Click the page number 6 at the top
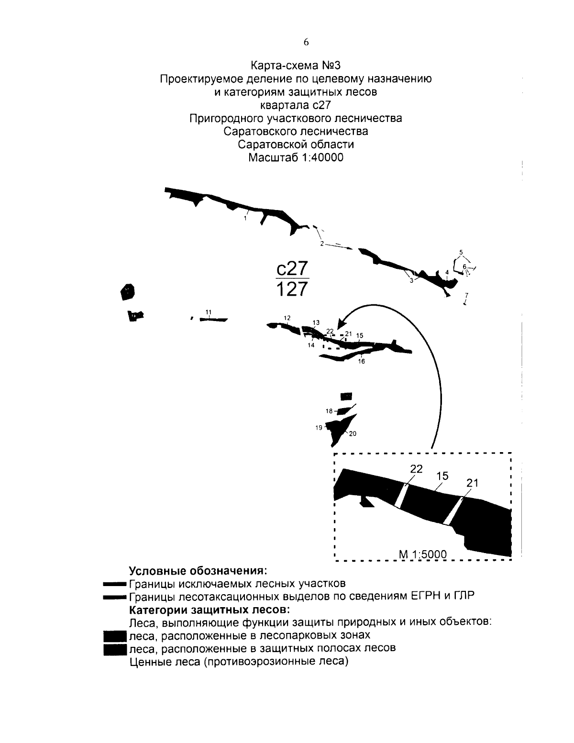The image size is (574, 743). pos(306,42)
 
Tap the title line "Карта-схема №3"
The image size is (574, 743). pos(296,66)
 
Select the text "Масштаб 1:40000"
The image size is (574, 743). pos(296,157)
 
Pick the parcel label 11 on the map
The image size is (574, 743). pos(209,312)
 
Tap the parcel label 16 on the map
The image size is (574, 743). pos(362,362)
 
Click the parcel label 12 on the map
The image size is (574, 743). pos(287,318)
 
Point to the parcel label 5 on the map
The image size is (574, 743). pos(461,252)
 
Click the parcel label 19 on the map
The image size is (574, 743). pos(319,428)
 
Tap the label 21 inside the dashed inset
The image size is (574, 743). pos(472,483)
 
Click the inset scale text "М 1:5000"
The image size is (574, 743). pos(423,554)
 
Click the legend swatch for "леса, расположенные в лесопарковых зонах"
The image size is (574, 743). pos(114,636)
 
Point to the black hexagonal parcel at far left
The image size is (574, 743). pos(127,291)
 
